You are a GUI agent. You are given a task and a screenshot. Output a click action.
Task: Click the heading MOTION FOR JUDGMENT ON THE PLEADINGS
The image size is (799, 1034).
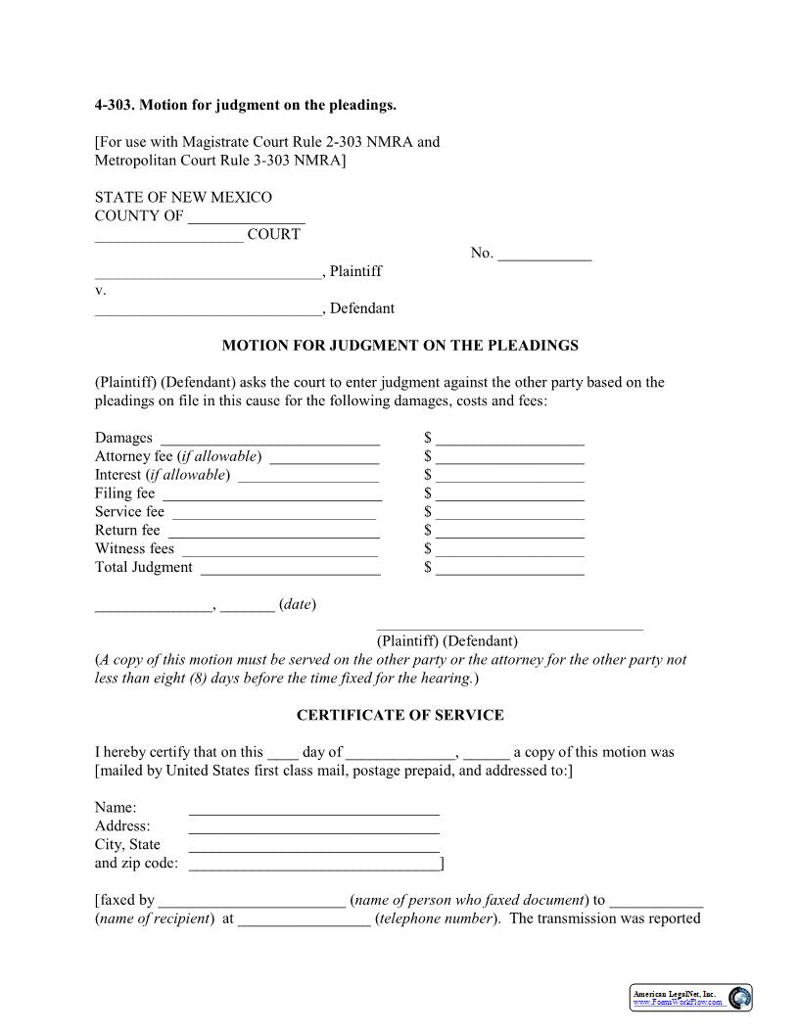tap(399, 346)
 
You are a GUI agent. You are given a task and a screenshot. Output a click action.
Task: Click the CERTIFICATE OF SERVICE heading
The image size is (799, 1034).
tap(399, 715)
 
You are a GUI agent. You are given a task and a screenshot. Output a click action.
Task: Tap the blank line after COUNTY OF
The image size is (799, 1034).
tap(246, 218)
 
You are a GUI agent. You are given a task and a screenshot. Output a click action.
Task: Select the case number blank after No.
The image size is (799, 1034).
tap(544, 256)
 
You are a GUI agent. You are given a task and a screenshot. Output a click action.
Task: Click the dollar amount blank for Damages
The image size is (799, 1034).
tap(510, 441)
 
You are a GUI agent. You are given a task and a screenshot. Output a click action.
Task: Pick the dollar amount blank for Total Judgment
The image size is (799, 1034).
tap(510, 570)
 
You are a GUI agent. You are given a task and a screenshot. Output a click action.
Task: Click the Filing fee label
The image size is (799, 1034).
tap(124, 493)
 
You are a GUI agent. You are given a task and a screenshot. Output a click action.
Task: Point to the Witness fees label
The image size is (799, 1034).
tap(134, 548)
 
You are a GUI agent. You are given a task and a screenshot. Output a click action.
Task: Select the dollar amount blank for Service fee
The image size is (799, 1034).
tap(510, 514)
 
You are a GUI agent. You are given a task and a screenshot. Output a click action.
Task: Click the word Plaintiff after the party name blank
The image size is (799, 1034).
tap(355, 271)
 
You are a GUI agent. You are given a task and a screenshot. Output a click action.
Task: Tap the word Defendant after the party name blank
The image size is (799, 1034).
tap(362, 308)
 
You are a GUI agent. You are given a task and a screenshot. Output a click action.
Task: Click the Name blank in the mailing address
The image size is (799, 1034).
tap(313, 811)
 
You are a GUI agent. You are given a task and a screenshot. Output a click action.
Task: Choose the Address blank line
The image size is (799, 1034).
tap(313, 829)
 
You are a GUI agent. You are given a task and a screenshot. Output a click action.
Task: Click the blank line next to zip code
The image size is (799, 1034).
tap(313, 867)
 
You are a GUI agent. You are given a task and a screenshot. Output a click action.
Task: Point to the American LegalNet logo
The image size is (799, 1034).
tap(691, 998)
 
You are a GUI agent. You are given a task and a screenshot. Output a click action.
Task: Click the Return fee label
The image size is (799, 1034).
tap(127, 530)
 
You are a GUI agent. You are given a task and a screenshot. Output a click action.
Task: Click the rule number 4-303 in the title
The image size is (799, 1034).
tap(113, 105)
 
